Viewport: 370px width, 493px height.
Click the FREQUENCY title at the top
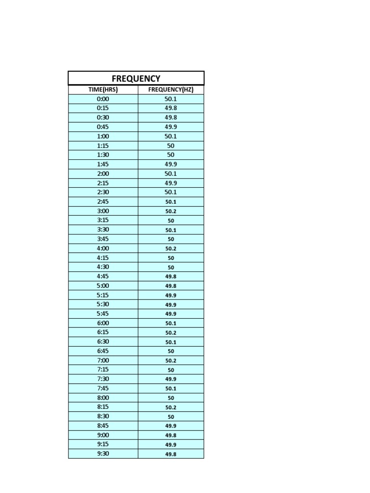[136, 78]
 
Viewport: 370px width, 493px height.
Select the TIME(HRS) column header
[103, 90]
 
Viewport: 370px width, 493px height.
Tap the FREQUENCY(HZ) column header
[171, 90]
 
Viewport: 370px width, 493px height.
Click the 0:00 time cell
[103, 99]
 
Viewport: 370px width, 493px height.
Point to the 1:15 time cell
[103, 145]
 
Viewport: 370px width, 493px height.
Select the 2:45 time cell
[103, 202]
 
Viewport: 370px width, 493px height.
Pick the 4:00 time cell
[103, 248]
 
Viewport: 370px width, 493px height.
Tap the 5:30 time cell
[103, 304]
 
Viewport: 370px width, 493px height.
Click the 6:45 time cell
[103, 351]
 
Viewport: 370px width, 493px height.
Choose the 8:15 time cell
[103, 407]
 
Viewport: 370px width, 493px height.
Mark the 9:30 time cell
[103, 454]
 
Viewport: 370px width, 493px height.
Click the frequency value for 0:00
[171, 99]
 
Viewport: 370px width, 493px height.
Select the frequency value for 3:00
[171, 211]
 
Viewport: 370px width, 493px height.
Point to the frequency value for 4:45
[171, 276]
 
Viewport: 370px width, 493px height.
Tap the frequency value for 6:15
[171, 332]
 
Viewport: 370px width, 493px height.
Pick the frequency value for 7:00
[171, 360]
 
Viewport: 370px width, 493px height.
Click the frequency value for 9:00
[171, 435]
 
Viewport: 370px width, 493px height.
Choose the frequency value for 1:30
[171, 155]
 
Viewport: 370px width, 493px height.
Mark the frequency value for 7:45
[171, 388]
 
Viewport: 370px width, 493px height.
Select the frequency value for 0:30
[171, 117]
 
